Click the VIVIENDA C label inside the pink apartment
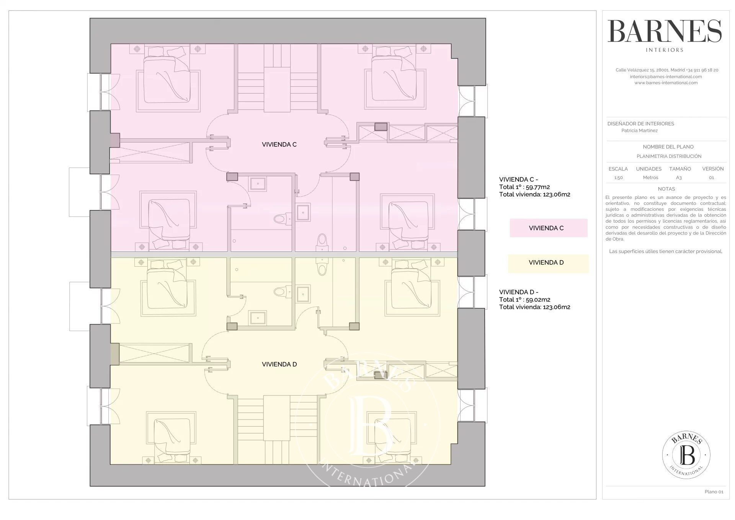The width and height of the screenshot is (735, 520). [x=279, y=144]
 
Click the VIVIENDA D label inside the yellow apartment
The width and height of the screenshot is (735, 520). [x=279, y=364]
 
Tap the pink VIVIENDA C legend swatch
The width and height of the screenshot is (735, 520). [x=548, y=228]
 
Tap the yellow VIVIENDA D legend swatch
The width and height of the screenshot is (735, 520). [x=548, y=263]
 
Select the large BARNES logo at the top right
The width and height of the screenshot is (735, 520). [x=665, y=31]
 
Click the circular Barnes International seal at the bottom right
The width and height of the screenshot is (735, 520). [x=686, y=455]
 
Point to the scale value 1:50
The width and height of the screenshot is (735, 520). [x=618, y=178]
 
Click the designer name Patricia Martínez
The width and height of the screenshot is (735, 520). [x=639, y=131]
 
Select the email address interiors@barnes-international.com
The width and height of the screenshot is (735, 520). [x=666, y=77]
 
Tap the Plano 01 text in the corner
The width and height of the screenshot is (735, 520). [x=714, y=492]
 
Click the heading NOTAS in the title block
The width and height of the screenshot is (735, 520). [x=666, y=189]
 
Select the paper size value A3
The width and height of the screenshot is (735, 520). [x=679, y=178]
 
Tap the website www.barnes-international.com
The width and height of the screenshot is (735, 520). [x=666, y=83]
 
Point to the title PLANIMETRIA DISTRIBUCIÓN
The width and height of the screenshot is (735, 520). [x=669, y=156]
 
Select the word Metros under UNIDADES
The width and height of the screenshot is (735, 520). [x=651, y=178]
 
